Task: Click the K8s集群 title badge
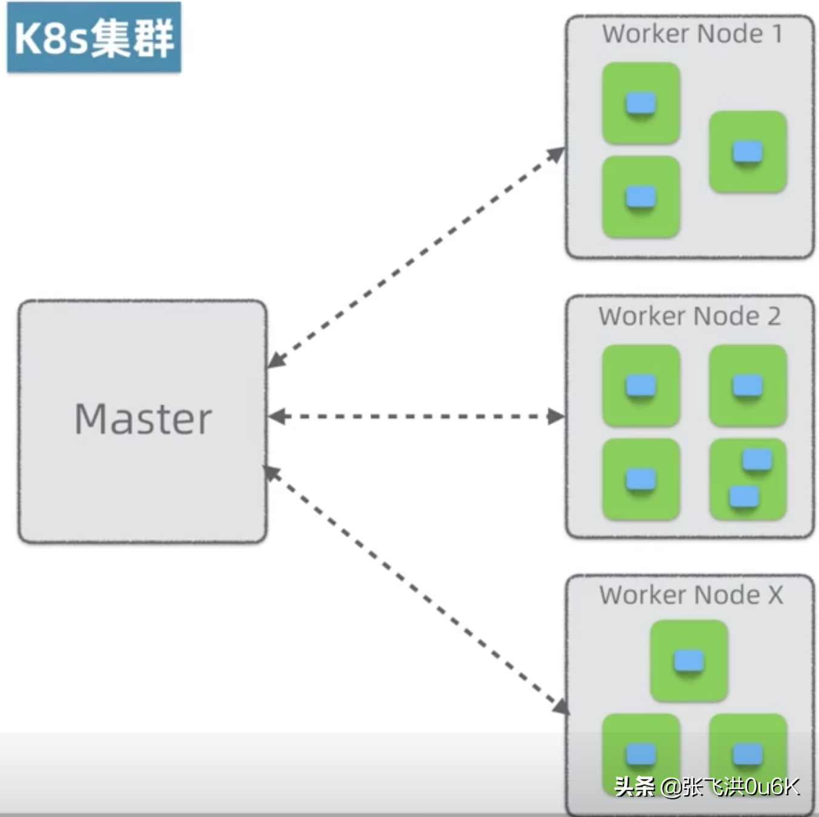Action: tap(94, 38)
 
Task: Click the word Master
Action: tap(143, 419)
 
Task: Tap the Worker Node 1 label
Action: tap(692, 34)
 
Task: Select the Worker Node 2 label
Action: tap(689, 316)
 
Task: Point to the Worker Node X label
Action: tap(691, 595)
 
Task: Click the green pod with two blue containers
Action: tap(748, 479)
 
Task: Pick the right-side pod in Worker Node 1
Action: tap(748, 152)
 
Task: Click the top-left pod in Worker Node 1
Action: tap(641, 103)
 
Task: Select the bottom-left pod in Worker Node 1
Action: tap(641, 197)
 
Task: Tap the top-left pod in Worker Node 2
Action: tap(641, 386)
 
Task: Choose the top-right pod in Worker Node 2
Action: tap(748, 386)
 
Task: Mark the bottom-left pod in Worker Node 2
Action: tap(641, 479)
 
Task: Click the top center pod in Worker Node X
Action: tap(689, 661)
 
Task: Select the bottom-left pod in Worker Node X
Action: tap(641, 753)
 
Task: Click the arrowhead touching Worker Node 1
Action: tap(555, 154)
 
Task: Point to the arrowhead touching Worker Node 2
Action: tap(555, 416)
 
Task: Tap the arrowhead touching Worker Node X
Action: tap(560, 706)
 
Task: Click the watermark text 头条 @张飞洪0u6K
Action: tap(706, 787)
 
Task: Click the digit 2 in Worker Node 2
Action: tap(774, 317)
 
